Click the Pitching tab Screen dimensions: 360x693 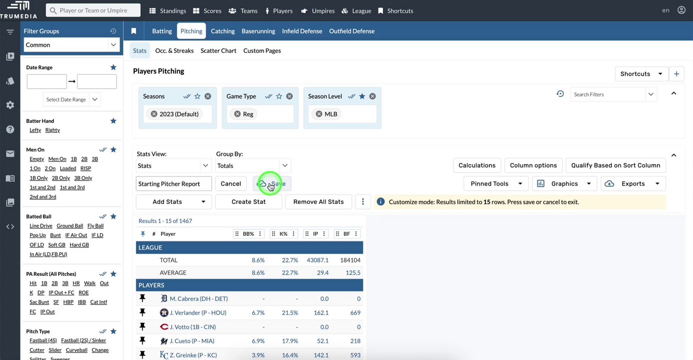[x=191, y=31]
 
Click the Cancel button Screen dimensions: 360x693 [x=231, y=183]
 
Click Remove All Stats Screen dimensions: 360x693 [x=318, y=202]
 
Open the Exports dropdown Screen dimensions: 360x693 [x=633, y=183]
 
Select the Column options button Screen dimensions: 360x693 [x=533, y=165]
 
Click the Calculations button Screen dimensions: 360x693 [x=477, y=165]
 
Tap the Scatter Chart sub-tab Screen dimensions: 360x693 [x=218, y=50]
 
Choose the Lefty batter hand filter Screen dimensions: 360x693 [x=35, y=130]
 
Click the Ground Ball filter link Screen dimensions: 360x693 [x=70, y=226]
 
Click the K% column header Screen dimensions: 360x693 [x=283, y=234]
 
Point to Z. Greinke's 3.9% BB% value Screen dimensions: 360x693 [x=258, y=355]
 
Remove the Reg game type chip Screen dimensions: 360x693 [x=238, y=114]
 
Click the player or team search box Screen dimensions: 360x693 [x=93, y=10]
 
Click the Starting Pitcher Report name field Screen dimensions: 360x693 [x=174, y=183]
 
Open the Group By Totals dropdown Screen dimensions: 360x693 [x=253, y=165]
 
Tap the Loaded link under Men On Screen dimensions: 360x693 [x=68, y=168]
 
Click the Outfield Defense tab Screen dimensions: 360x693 [x=351, y=31]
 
